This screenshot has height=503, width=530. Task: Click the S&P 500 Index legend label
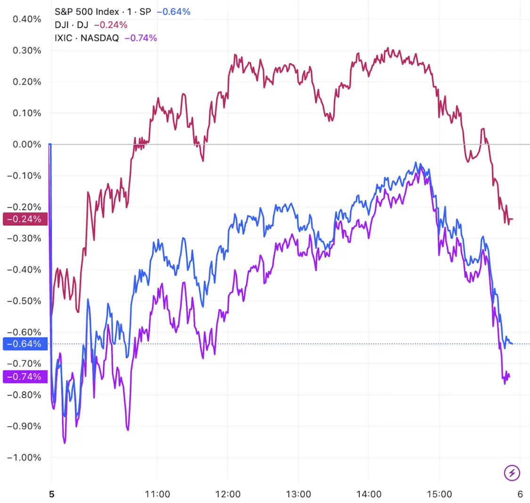click(x=87, y=12)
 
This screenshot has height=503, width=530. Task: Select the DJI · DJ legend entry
click(x=72, y=25)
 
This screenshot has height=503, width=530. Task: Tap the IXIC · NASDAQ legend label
click(x=87, y=38)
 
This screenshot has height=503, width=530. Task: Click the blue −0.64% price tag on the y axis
click(x=24, y=344)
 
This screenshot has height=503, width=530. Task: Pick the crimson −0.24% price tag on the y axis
click(x=24, y=219)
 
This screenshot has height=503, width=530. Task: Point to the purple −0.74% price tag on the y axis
click(x=24, y=377)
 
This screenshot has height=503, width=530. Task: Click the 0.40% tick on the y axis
click(x=27, y=19)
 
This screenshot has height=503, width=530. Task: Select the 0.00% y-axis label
click(x=27, y=145)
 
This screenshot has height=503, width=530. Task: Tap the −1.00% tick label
click(x=24, y=457)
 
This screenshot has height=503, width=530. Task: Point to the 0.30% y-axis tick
click(x=27, y=50)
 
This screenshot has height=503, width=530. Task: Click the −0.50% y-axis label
click(x=24, y=301)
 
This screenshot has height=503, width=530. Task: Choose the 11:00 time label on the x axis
click(x=157, y=494)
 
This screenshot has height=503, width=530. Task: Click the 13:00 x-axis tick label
click(x=299, y=494)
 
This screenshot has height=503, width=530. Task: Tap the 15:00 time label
click(x=440, y=494)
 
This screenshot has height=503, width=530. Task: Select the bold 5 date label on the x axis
click(x=52, y=494)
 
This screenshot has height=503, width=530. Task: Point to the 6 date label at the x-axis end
click(x=520, y=494)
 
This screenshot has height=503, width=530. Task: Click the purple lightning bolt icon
click(x=512, y=472)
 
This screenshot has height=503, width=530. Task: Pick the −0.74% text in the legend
click(x=141, y=38)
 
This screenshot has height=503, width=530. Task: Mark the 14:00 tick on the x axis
click(x=369, y=494)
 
